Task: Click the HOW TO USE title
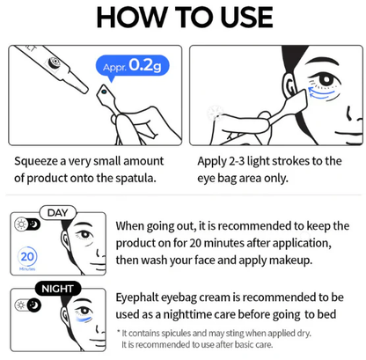click(182, 19)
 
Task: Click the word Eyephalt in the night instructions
click(143, 298)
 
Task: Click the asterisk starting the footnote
click(119, 332)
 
